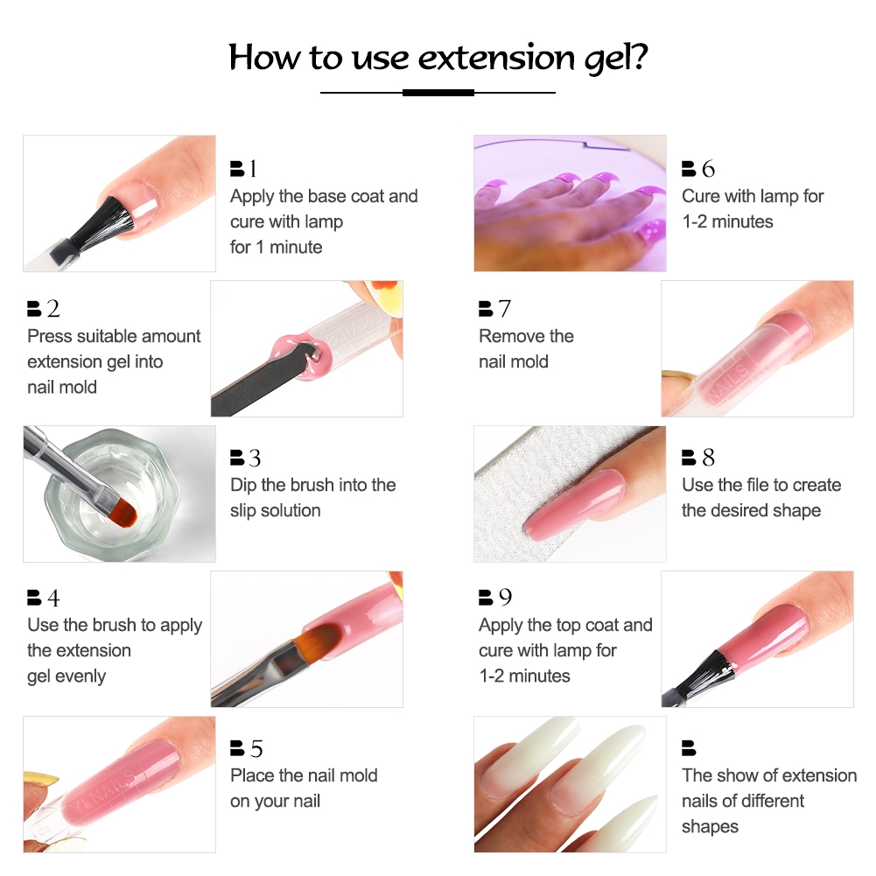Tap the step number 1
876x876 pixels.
point(253,169)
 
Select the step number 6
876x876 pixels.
point(707,169)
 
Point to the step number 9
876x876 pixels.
point(505,598)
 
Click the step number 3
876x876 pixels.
point(254,458)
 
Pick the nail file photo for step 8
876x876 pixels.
point(570,494)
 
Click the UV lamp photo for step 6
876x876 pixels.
point(570,203)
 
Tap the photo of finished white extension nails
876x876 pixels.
point(570,783)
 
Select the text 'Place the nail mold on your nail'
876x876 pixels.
point(303,788)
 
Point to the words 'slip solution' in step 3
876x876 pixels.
point(275,510)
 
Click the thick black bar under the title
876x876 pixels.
point(438,92)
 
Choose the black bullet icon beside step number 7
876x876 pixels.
point(486,309)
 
